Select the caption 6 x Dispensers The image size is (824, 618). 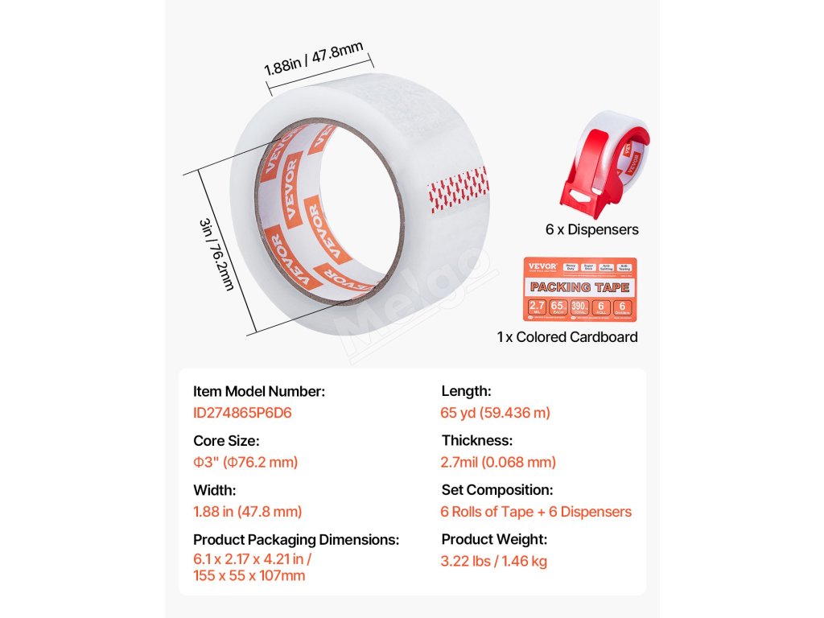(x=591, y=230)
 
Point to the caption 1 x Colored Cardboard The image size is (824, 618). (x=567, y=337)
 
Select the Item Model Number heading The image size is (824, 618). (x=259, y=392)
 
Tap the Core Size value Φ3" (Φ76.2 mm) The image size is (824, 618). (x=245, y=462)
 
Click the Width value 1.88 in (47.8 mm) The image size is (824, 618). (x=248, y=511)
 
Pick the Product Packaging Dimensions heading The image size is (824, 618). (x=296, y=539)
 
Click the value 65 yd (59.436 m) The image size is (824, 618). (x=496, y=413)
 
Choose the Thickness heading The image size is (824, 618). (x=476, y=441)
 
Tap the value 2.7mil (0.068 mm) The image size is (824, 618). (x=498, y=462)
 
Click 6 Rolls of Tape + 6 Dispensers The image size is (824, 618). (x=536, y=512)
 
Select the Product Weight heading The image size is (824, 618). (x=494, y=539)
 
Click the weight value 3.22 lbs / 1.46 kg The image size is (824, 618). (x=493, y=561)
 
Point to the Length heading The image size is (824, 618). (x=466, y=392)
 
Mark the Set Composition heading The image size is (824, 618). (x=496, y=490)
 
